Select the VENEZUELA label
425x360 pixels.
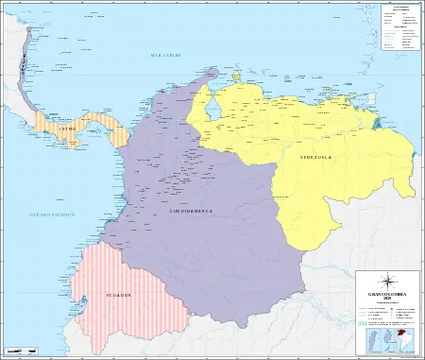point(314,155)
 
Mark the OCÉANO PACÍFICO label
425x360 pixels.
point(32,190)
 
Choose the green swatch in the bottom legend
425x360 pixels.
point(362,321)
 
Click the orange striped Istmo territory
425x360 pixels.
point(85,123)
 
